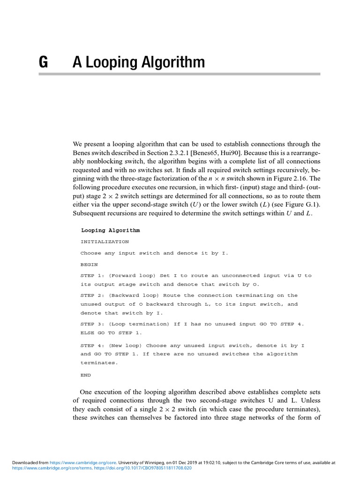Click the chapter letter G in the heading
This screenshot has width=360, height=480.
43,62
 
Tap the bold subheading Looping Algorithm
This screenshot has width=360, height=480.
110,231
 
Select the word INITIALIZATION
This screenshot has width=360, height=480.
105,242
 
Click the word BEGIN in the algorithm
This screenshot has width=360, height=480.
89,264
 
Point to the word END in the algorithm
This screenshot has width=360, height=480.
86,375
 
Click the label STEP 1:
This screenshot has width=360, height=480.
92,276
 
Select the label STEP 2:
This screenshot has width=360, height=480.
92,295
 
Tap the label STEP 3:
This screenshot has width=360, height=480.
92,324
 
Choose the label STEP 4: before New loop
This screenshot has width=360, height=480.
92,345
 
